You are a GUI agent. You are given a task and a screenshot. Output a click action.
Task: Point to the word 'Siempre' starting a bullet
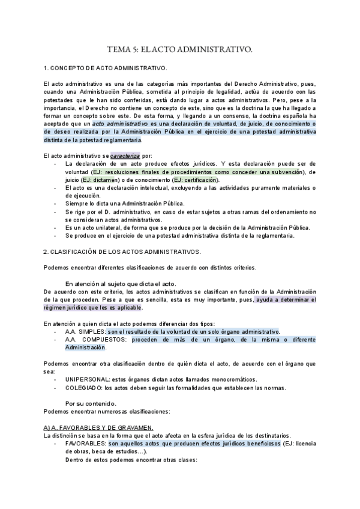(x=76, y=204)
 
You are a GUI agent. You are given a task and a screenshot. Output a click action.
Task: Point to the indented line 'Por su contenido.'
(x=91, y=403)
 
